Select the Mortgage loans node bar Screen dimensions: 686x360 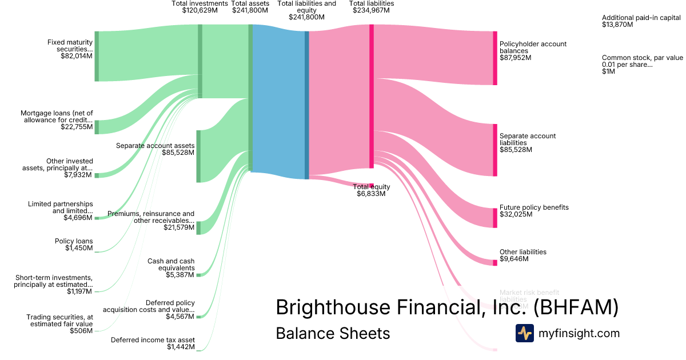click(x=97, y=127)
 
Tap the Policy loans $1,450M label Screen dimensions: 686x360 click(x=74, y=245)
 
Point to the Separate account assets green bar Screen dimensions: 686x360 click(x=198, y=156)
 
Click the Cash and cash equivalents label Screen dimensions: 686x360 click(x=171, y=265)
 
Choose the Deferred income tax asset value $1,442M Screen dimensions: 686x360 click(x=181, y=347)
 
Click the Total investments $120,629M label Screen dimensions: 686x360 click(x=196, y=7)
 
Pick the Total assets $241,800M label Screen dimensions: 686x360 click(x=250, y=7)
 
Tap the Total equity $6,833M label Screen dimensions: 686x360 click(x=372, y=190)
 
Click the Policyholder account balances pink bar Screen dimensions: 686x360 click(x=495, y=58)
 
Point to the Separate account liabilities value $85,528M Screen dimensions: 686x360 click(x=516, y=150)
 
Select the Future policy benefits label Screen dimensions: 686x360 click(x=534, y=207)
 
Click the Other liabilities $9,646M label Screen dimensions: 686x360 click(x=523, y=255)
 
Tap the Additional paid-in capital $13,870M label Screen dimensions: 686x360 click(x=641, y=21)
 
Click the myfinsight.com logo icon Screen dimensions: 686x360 click(x=524, y=333)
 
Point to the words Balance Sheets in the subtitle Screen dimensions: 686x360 click(x=333, y=333)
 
